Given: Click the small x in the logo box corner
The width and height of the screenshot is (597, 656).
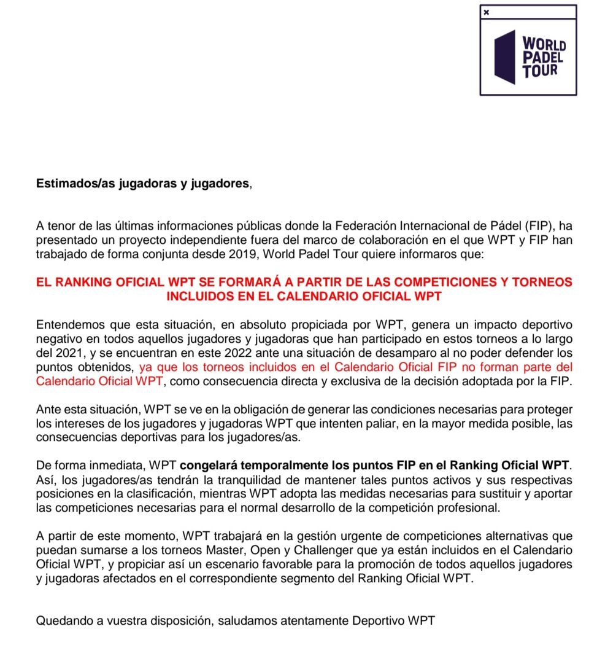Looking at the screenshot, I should click(x=487, y=12).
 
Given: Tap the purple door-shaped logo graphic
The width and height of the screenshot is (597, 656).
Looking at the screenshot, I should click(x=504, y=57).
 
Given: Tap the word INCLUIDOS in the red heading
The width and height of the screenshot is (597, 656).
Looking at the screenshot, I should click(x=197, y=296).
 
